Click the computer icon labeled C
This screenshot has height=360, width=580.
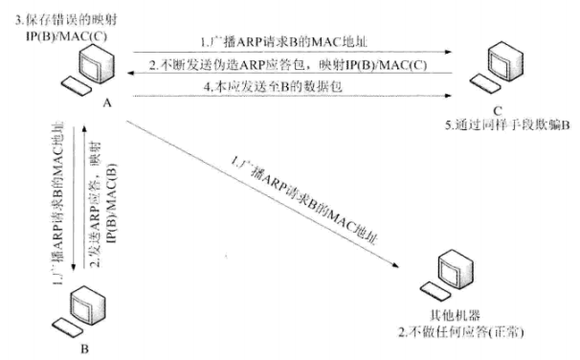pyautogui.click(x=506, y=67)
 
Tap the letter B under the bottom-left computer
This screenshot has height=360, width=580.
pyautogui.click(x=84, y=349)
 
